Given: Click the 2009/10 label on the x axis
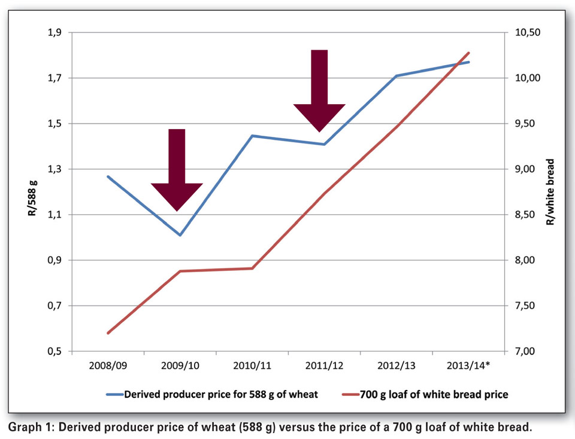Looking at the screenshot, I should pos(180,364).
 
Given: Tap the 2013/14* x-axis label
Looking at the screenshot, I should pos(468,364).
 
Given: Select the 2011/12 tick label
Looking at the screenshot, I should pos(324,364).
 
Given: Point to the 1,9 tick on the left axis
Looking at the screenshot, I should pos(55,32).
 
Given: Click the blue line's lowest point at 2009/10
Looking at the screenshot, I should pos(180,235).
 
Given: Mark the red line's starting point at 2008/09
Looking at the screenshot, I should pos(108,333).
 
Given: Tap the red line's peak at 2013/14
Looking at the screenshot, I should pos(468,53).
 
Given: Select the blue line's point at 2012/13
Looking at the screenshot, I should pos(396,76).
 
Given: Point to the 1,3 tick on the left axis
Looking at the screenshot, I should pos(55,169).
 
